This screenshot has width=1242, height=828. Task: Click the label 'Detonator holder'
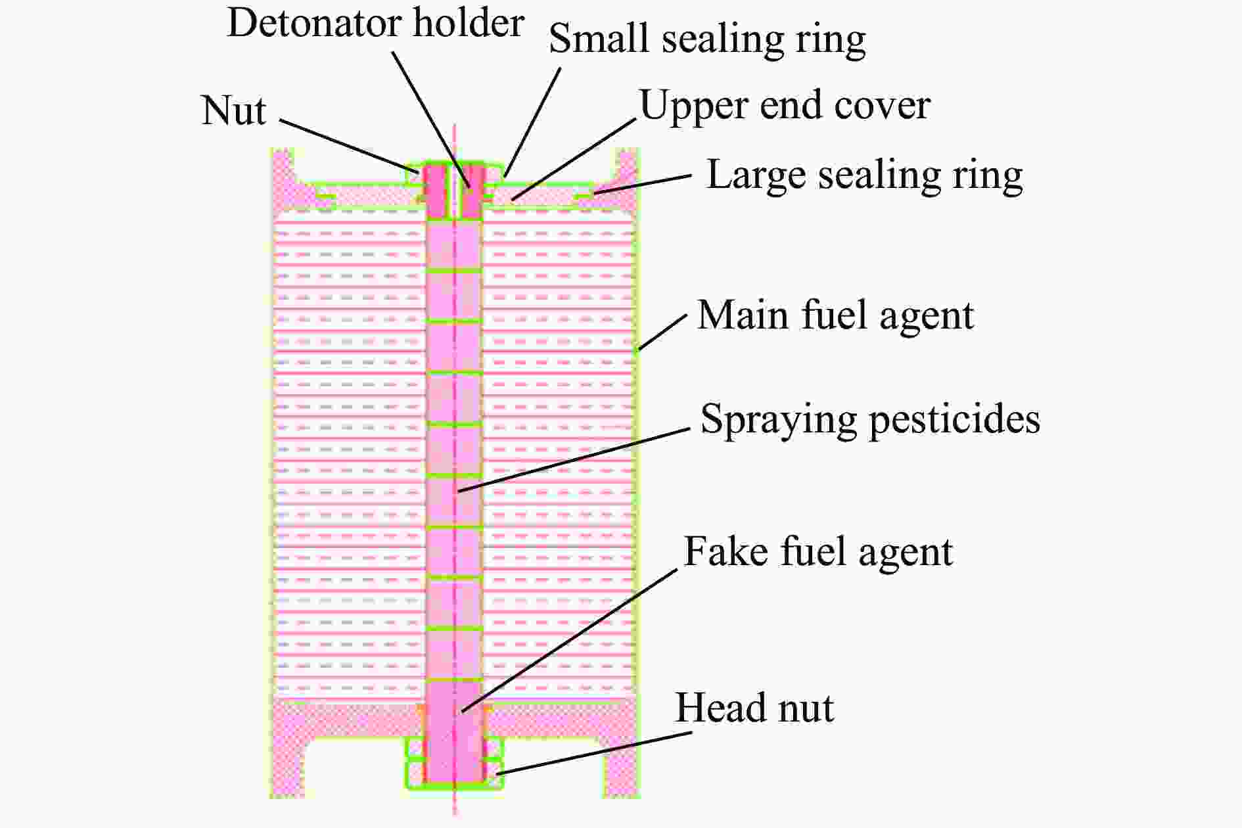tap(375, 24)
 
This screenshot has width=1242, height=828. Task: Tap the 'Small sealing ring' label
tap(707, 39)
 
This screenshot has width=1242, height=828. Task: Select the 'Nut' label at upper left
tap(233, 110)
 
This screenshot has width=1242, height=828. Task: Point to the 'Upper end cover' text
tap(785, 106)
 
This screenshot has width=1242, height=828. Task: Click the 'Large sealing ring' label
tap(864, 175)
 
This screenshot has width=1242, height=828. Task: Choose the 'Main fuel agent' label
tap(835, 315)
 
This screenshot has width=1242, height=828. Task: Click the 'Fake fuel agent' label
tap(818, 551)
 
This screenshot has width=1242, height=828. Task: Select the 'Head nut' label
tap(754, 708)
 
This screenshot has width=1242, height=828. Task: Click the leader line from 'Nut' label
tap(348, 146)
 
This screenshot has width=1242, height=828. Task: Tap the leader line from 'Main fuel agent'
tap(662, 333)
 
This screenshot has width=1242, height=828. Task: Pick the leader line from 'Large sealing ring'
tap(642, 185)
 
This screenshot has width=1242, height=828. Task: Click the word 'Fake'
tap(727, 551)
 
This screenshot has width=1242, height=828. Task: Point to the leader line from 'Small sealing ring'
tap(532, 122)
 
